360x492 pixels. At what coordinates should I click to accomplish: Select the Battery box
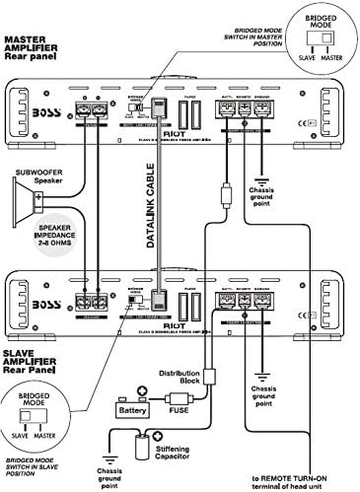point(132,410)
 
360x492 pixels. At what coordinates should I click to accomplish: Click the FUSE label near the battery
point(179,411)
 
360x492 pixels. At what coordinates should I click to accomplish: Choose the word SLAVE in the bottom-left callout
point(20,435)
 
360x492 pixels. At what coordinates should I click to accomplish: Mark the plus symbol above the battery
point(142,390)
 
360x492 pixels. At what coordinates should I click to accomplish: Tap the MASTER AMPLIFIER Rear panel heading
point(31,48)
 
